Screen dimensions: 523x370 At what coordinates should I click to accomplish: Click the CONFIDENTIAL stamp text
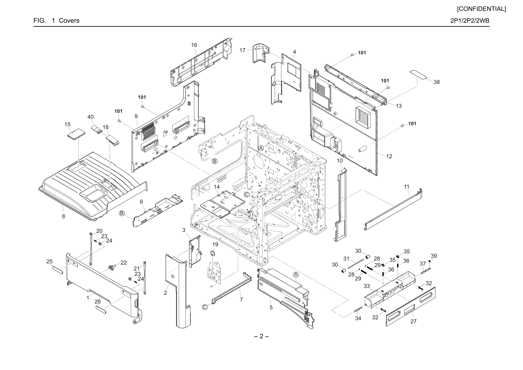[x=481, y=9]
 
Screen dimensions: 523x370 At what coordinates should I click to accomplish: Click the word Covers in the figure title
[x=69, y=21]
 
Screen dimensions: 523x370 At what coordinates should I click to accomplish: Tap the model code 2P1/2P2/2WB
[x=470, y=21]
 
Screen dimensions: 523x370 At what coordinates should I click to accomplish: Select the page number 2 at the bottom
[x=261, y=336]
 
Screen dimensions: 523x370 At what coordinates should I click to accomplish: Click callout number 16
[x=194, y=45]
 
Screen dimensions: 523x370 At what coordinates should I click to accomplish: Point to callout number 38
[x=437, y=82]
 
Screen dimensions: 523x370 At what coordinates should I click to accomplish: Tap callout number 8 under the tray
[x=63, y=216]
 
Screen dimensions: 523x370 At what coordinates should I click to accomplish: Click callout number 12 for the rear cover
[x=389, y=156]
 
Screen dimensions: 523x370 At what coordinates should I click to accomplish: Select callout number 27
[x=413, y=321]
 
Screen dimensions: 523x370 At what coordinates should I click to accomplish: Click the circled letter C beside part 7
[x=205, y=307]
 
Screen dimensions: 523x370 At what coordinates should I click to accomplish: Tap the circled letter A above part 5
[x=296, y=275]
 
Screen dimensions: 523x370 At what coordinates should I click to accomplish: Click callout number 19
[x=215, y=244]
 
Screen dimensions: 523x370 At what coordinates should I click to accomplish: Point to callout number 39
[x=434, y=256]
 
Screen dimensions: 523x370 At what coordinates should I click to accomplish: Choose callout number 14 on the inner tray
[x=217, y=187]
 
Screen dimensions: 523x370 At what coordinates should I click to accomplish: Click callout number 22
[x=124, y=262]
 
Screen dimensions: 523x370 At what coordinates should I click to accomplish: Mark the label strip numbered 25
[x=58, y=270]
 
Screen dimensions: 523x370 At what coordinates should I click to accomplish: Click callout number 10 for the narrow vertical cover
[x=340, y=161]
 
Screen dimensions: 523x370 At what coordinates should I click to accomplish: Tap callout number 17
[x=242, y=50]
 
